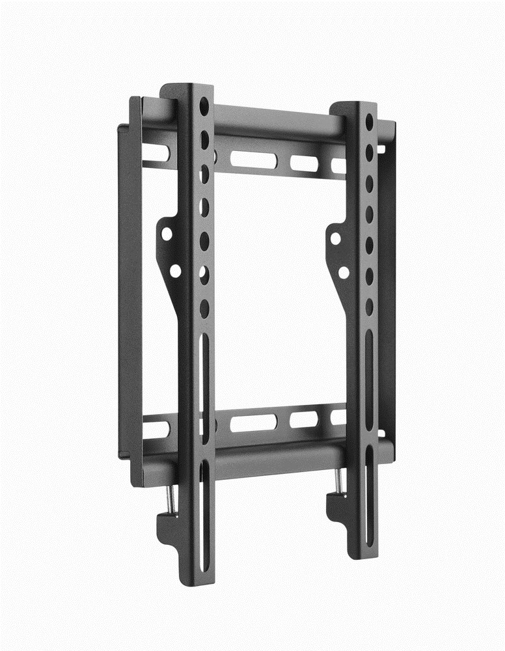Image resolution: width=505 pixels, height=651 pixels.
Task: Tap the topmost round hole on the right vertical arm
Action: point(370,122)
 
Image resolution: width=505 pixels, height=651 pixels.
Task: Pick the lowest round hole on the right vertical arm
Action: point(369,305)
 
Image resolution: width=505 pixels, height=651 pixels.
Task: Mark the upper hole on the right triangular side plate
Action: point(336,238)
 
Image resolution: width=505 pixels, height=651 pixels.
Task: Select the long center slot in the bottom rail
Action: point(253,422)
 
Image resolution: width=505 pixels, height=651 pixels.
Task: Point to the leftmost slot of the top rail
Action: point(156,153)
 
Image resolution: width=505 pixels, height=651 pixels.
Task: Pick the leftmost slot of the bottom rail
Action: point(156,430)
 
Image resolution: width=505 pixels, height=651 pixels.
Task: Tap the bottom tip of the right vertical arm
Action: point(362,555)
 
